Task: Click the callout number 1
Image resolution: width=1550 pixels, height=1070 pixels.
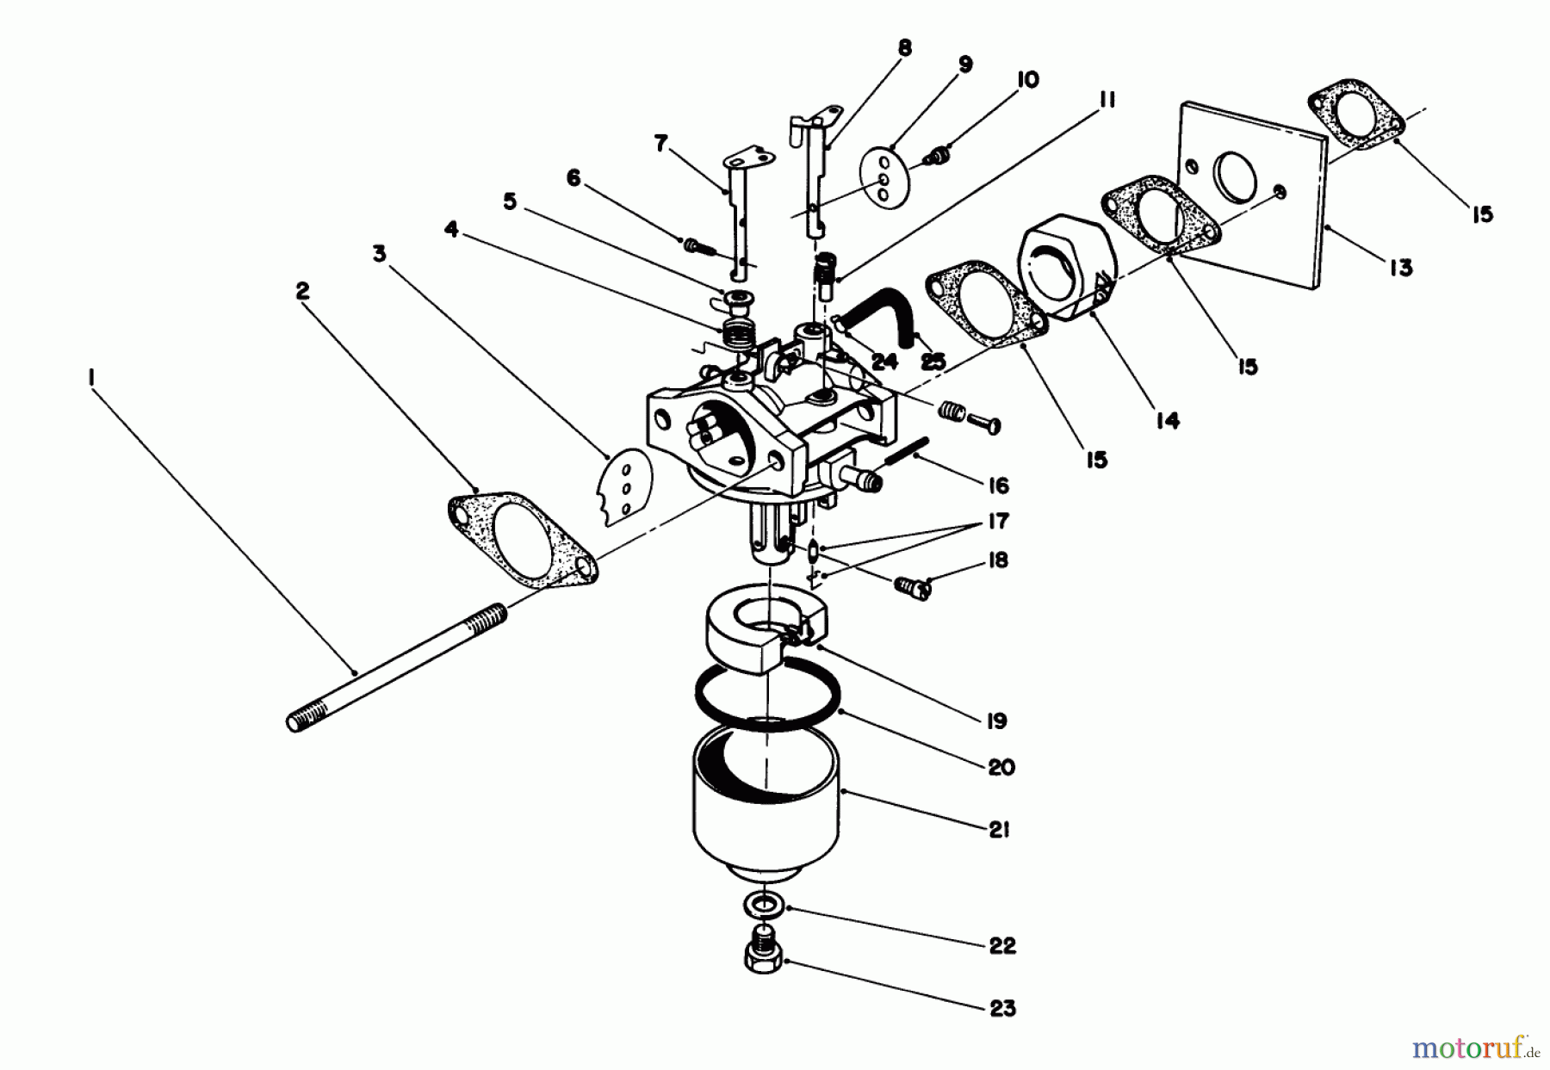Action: point(92,376)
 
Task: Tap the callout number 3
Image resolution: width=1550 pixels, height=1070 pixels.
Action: point(380,254)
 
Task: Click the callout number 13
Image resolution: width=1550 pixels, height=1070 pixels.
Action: point(1401,268)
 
